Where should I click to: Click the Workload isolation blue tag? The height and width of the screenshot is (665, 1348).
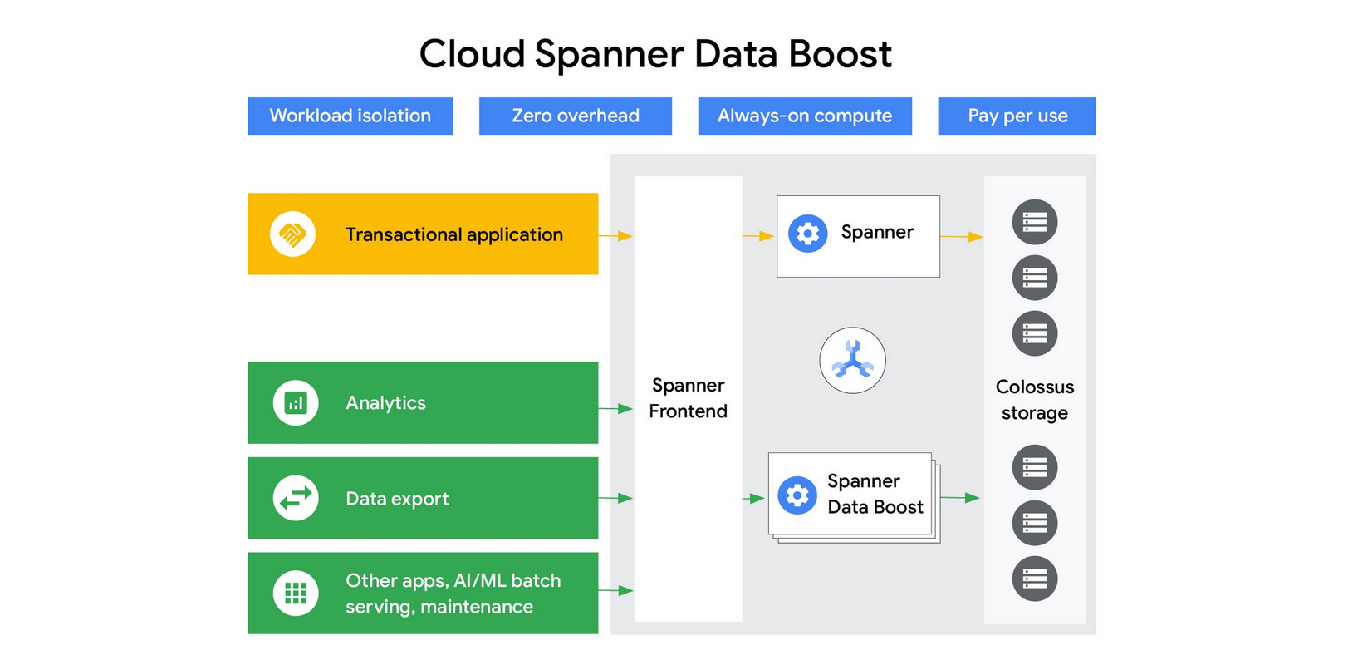350,116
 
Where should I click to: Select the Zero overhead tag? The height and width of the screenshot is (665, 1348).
575,116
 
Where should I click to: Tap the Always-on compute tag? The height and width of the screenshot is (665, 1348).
804,116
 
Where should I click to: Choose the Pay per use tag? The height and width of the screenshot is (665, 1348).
1017,116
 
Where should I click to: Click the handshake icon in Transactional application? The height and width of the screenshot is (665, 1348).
292,234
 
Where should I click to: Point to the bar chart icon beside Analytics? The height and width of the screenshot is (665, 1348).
296,403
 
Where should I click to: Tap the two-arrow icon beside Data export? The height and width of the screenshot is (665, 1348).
296,498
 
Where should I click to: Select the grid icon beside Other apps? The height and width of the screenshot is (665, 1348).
296,593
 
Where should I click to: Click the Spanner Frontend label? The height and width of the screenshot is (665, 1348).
688,398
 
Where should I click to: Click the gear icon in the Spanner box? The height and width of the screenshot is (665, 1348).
807,234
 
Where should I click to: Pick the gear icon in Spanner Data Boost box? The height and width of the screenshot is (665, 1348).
797,495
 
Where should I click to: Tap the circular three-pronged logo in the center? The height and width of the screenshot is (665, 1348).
852,361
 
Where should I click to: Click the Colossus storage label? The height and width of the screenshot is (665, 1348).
1034,400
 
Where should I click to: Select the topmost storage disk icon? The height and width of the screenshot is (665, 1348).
1034,222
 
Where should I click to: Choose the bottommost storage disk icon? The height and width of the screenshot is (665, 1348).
1034,579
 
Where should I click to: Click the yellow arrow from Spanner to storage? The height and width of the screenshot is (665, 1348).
962,237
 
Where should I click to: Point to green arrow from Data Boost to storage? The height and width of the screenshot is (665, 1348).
960,498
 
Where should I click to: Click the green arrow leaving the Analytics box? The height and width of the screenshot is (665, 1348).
615,408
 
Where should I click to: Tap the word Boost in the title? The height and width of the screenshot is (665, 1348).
839,55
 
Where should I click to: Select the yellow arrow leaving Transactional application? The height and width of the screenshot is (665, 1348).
615,236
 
